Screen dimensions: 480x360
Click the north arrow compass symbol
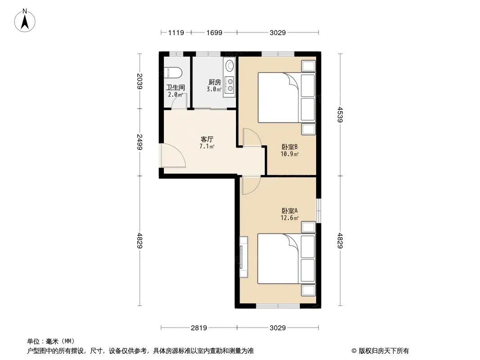(25, 21)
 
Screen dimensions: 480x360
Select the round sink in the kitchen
(230, 65)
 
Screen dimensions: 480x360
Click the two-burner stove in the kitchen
(230, 85)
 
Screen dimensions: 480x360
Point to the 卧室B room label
(290, 147)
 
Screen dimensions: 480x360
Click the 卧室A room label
(290, 211)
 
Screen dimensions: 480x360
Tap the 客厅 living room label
(207, 139)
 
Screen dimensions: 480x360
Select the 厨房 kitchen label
(214, 82)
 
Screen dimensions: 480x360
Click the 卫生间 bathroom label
(176, 88)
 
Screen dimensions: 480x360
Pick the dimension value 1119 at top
(176, 32)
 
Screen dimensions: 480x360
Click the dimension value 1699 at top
(214, 32)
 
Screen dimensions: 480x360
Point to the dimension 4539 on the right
(340, 114)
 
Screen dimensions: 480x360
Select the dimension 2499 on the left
(140, 142)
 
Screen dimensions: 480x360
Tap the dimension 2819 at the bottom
(199, 328)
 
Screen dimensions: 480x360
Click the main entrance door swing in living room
(173, 156)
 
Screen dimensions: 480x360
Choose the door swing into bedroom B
(252, 138)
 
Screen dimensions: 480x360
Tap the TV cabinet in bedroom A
(244, 257)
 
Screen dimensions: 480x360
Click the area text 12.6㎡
(290, 218)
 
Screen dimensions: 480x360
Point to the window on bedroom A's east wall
(319, 211)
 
